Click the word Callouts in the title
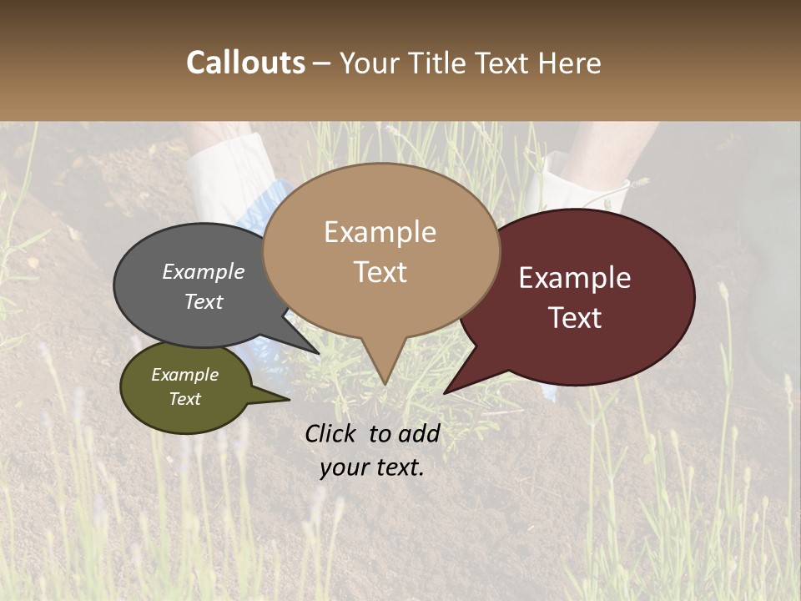[x=245, y=63]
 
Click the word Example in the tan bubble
[x=380, y=232]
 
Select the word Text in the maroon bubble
[x=576, y=318]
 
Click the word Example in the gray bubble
[x=204, y=271]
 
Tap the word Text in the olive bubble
[x=185, y=399]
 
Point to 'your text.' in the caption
[x=371, y=467]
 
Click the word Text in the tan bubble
[x=380, y=272]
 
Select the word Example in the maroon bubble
[x=575, y=278]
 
